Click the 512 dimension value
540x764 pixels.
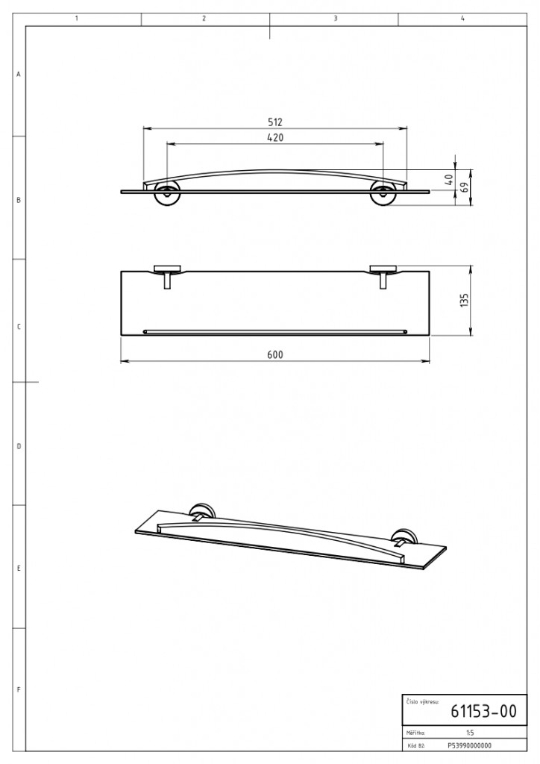275,122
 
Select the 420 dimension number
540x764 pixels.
275,138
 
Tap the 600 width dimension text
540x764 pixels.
275,354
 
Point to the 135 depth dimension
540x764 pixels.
464,300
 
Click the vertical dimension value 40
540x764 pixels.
449,180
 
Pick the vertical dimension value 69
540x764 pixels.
464,187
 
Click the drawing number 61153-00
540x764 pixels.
483,711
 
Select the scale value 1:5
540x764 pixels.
469,733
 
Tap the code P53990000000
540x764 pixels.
469,745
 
